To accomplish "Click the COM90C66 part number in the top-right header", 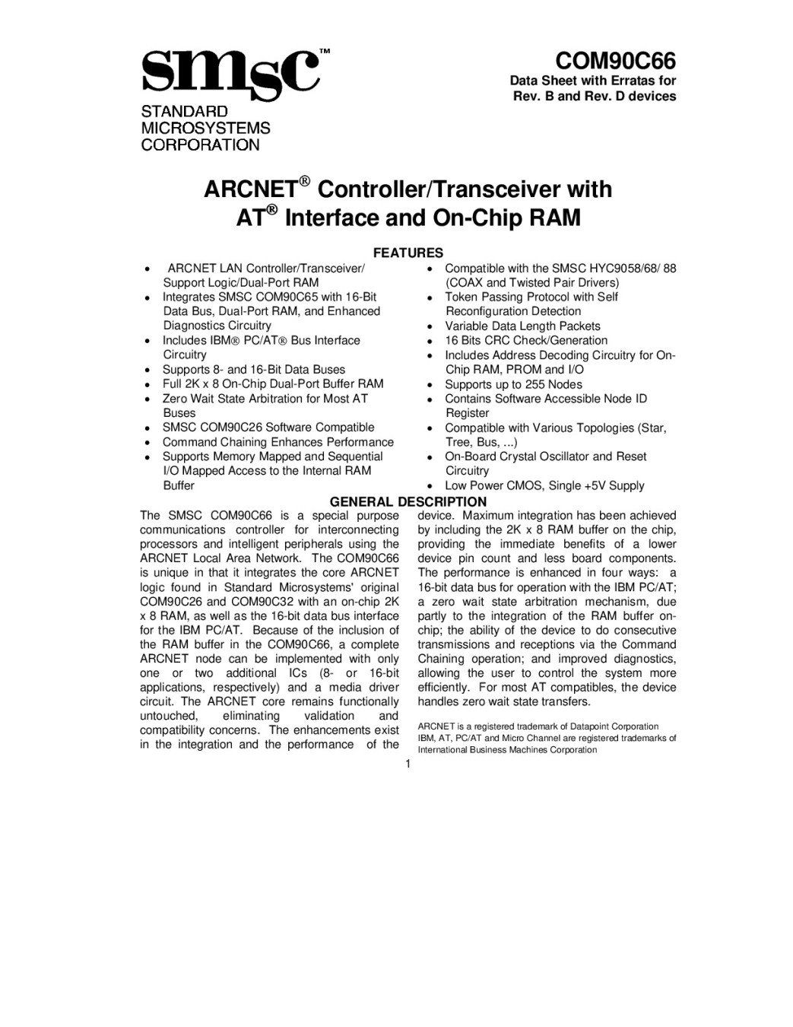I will point(615,61).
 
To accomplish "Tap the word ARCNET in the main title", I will point(250,189).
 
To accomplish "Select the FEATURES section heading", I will point(407,253).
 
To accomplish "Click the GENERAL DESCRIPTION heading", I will point(408,501).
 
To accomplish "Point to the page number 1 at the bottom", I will point(408,764).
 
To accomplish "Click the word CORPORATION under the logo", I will point(200,145).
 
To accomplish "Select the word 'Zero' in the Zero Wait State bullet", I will point(175,399).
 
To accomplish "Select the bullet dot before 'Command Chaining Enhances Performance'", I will point(146,443).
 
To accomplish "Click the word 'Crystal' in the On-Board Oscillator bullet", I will point(518,456).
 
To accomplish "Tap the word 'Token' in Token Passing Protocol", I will point(461,297).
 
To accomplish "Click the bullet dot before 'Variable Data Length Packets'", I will point(430,326).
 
